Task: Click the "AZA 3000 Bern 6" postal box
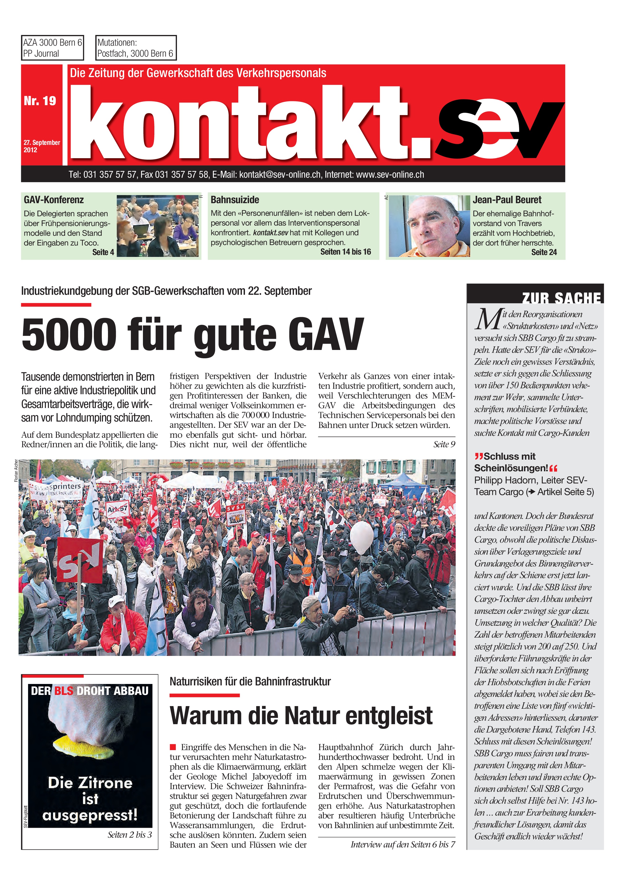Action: point(52,48)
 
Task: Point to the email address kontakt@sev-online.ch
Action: point(280,175)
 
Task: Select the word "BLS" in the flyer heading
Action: point(63,690)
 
